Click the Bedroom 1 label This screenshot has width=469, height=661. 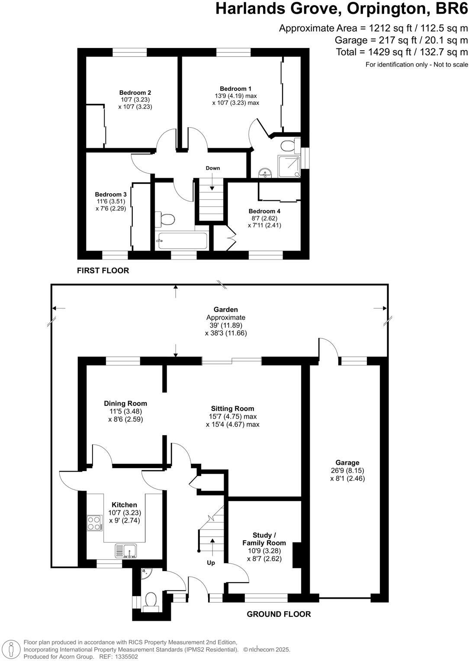(235, 89)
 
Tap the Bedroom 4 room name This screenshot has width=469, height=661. (264, 211)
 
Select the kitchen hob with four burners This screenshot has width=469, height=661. (94, 523)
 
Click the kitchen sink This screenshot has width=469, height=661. (126, 551)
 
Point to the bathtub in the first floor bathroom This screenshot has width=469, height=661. (182, 241)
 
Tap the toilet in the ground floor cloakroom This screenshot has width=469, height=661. (151, 600)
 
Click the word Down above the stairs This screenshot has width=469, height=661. (212, 168)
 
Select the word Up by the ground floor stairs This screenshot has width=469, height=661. (211, 563)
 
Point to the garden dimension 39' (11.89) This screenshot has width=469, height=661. (225, 325)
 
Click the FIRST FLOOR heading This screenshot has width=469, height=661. (103, 271)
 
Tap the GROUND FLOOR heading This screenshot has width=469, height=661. (279, 614)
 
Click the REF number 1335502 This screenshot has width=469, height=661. (125, 656)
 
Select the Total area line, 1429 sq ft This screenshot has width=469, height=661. (402, 52)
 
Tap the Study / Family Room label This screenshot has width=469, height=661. (264, 539)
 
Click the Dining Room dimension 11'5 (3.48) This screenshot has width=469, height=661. (125, 411)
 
